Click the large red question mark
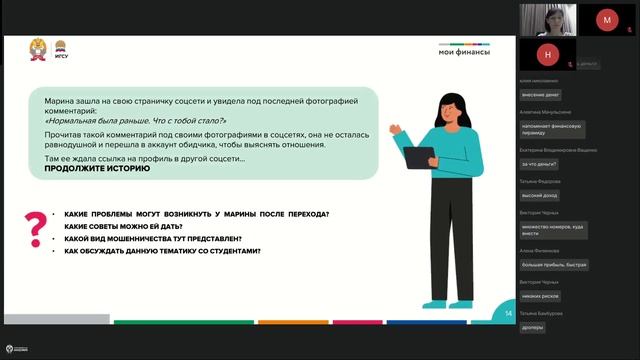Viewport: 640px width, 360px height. click(x=36, y=228)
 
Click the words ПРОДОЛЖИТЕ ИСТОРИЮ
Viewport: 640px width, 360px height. click(x=97, y=169)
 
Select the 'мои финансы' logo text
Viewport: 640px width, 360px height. click(x=465, y=53)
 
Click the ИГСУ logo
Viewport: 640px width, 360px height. click(x=61, y=49)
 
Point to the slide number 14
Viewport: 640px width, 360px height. click(x=508, y=314)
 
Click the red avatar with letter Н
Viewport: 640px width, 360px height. click(x=547, y=52)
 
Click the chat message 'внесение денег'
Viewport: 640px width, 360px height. click(x=541, y=95)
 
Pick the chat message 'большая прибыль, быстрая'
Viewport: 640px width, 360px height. click(x=554, y=265)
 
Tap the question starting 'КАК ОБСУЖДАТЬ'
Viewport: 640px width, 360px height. click(x=162, y=251)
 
